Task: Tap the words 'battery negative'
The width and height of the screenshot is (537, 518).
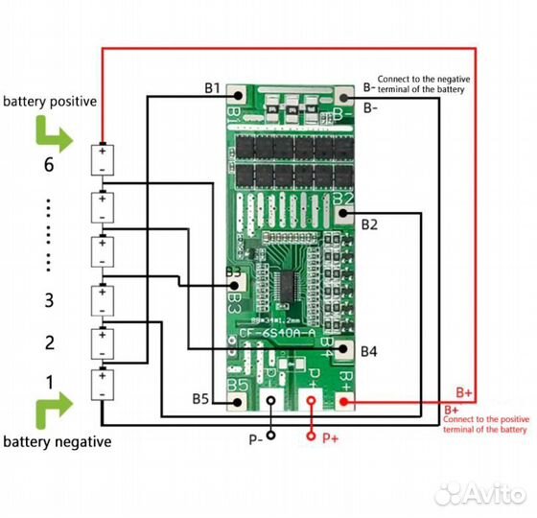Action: click(x=57, y=442)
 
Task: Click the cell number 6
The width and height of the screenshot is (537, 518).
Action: click(x=49, y=165)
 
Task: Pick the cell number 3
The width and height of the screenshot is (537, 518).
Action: click(x=49, y=300)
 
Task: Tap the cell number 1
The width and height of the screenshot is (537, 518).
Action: click(x=49, y=382)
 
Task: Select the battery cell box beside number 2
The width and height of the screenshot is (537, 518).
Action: click(x=101, y=342)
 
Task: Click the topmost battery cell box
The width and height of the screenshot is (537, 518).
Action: click(x=101, y=158)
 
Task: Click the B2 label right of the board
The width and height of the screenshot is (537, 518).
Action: click(x=369, y=224)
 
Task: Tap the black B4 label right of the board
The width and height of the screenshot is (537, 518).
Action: click(x=369, y=351)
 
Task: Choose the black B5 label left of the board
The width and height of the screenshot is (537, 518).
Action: click(x=200, y=398)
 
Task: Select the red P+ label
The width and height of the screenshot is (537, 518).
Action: click(x=330, y=438)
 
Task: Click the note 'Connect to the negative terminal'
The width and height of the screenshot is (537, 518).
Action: click(x=421, y=84)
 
